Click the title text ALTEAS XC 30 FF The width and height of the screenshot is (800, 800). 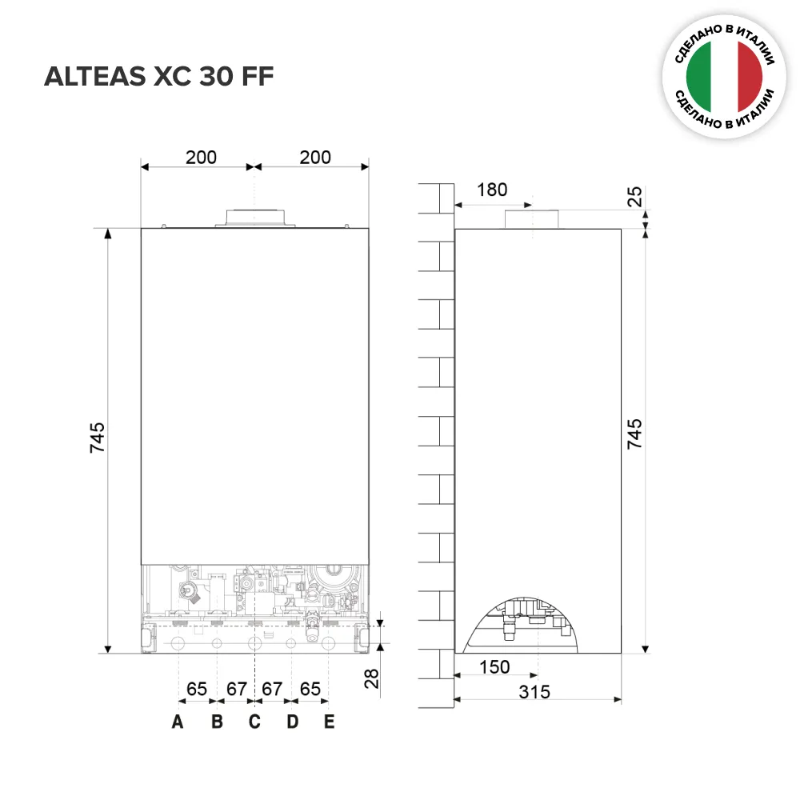pos(158,77)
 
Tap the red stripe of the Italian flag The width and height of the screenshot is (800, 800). pos(750,77)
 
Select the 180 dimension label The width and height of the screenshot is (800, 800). pos(492,190)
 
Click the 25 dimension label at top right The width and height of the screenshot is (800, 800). pos(634,197)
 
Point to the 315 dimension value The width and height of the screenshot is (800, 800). pos(534,692)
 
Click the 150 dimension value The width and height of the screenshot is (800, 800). pos(494,667)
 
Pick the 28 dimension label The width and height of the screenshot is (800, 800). pos(371,678)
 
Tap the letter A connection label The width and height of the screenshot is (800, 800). pos(178,722)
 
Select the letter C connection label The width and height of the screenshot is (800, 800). pos(254,722)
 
